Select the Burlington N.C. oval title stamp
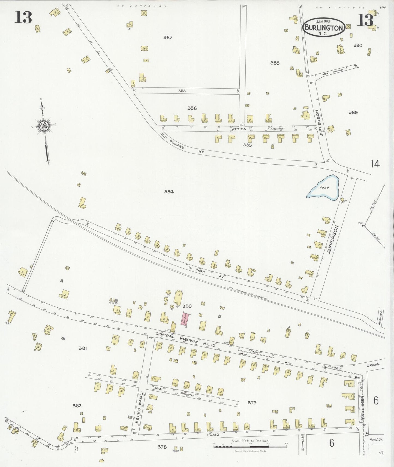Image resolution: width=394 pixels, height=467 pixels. pyautogui.click(x=323, y=27)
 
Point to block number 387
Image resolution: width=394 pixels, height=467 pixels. pyautogui.click(x=168, y=38)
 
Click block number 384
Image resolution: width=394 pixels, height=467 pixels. pyautogui.click(x=169, y=192)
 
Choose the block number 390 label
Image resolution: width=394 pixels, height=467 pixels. pyautogui.click(x=358, y=45)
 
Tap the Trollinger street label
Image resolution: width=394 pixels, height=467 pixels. pyautogui.click(x=363, y=407)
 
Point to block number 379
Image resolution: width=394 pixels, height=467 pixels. pyautogui.click(x=252, y=402)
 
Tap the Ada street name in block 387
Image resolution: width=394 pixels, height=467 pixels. pyautogui.click(x=182, y=90)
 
